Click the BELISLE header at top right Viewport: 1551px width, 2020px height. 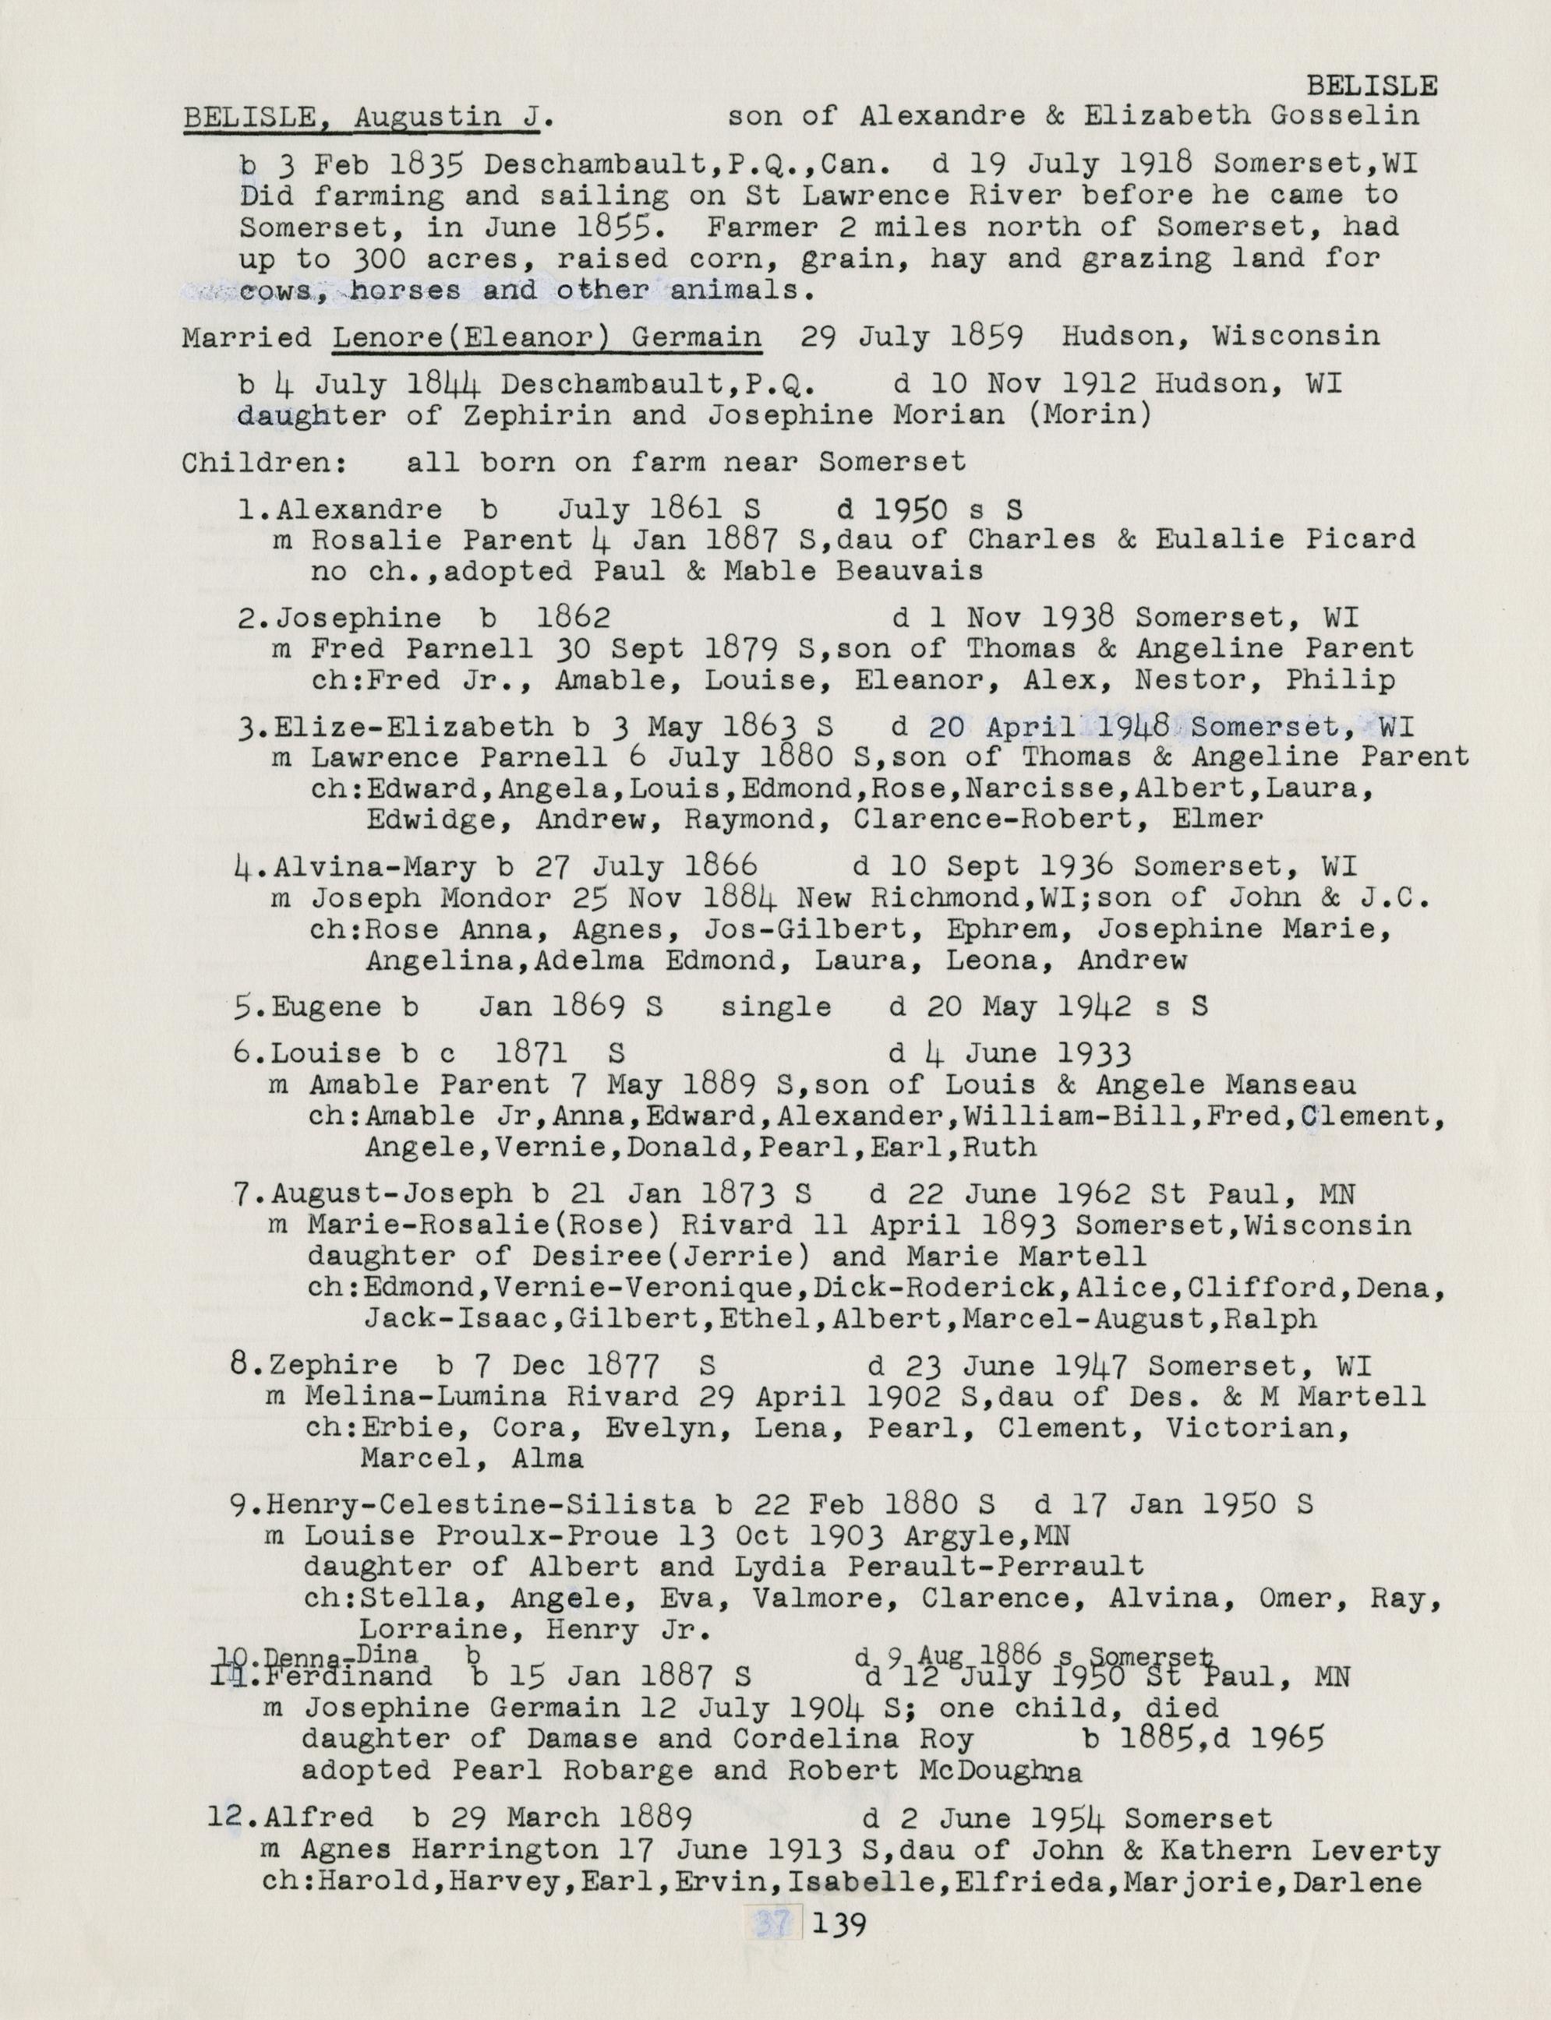click(x=1372, y=86)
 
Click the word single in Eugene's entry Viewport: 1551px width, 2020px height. click(x=775, y=1006)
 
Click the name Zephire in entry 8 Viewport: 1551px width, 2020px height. click(x=335, y=1365)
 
